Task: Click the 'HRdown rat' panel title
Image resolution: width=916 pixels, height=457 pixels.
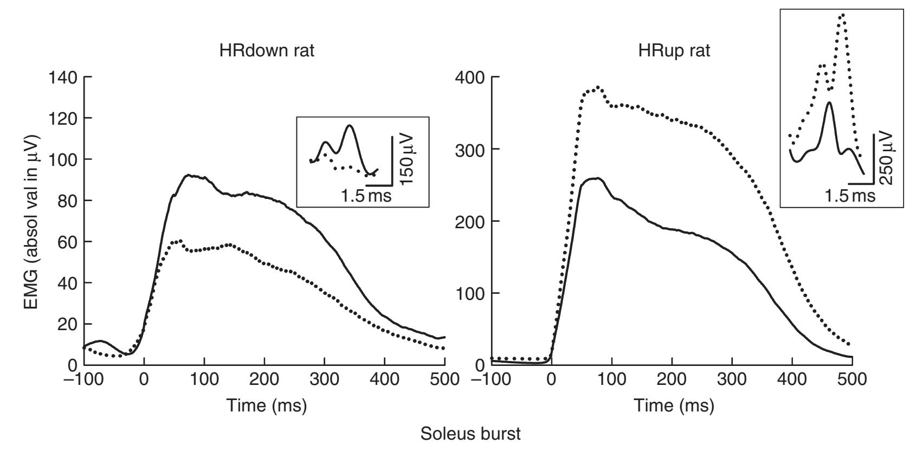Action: click(267, 51)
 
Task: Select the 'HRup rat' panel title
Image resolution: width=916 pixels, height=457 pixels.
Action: click(674, 51)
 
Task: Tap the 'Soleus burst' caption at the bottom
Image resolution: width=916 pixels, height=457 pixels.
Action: click(471, 434)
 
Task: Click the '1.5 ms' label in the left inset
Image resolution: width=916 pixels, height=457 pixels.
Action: click(366, 196)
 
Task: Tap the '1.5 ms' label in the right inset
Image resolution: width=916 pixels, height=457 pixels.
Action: click(850, 195)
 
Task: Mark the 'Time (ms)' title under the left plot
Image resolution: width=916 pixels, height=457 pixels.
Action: click(267, 405)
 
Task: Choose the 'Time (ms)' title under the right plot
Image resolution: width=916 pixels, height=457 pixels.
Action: click(674, 405)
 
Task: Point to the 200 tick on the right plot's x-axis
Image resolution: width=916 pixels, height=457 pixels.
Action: click(672, 379)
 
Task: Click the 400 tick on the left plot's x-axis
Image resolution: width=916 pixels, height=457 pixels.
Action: click(385, 379)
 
